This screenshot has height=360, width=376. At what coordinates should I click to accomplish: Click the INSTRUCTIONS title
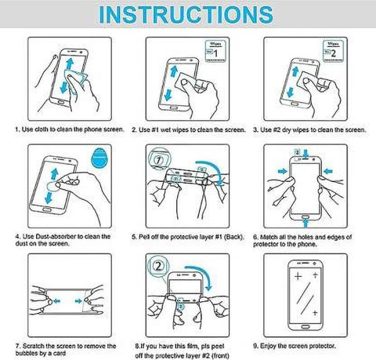186,14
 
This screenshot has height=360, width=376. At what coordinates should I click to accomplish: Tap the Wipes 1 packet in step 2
215,51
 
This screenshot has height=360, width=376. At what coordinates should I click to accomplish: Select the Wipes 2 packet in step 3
332,51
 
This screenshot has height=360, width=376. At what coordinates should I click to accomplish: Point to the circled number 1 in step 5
158,159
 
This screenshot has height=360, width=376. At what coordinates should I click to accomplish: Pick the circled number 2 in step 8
158,267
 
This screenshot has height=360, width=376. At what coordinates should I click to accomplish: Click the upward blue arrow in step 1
70,64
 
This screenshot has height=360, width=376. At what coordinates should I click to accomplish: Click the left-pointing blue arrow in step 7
56,301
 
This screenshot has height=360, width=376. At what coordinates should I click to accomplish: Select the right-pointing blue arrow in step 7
78,301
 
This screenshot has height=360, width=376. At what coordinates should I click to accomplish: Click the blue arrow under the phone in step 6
305,223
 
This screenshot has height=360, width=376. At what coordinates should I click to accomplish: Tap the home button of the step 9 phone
305,327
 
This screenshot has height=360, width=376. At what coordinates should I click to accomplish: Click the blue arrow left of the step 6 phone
282,171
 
